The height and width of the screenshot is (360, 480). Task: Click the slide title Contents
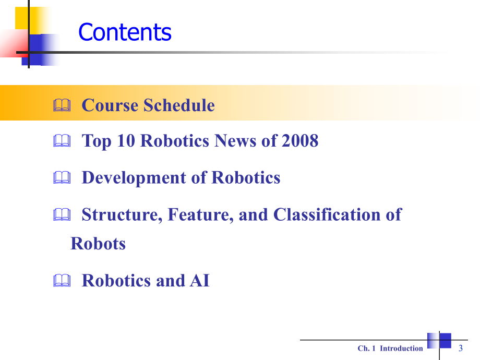(125, 32)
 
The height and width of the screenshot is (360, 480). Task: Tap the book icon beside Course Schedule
(61, 106)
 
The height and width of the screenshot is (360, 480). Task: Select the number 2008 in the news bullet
(299, 141)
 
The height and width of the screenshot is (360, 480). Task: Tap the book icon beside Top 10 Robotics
(61, 141)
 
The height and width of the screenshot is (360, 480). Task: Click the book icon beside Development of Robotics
(61, 178)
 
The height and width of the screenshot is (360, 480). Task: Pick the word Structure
(123, 214)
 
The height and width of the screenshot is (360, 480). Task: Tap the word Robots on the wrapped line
(98, 244)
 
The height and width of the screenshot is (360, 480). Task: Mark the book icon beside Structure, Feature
(61, 215)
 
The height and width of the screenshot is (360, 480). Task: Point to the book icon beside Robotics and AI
(61, 281)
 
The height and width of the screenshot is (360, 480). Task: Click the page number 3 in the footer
(461, 348)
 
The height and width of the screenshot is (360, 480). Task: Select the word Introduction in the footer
(401, 349)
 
